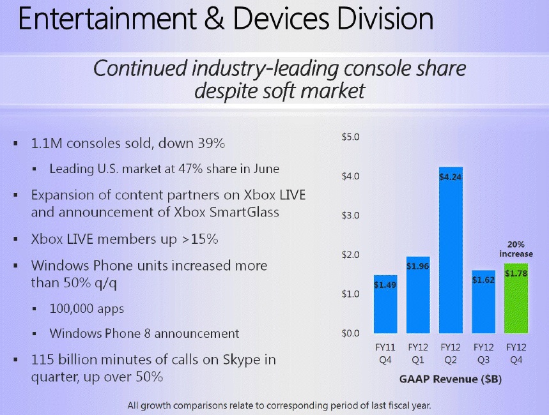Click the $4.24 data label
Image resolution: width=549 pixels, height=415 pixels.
pyautogui.click(x=451, y=177)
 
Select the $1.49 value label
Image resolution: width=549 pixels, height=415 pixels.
pyautogui.click(x=385, y=285)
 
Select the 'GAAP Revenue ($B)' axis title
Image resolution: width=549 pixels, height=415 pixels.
pyautogui.click(x=451, y=380)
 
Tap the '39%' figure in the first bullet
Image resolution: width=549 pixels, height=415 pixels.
pyautogui.click(x=207, y=144)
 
